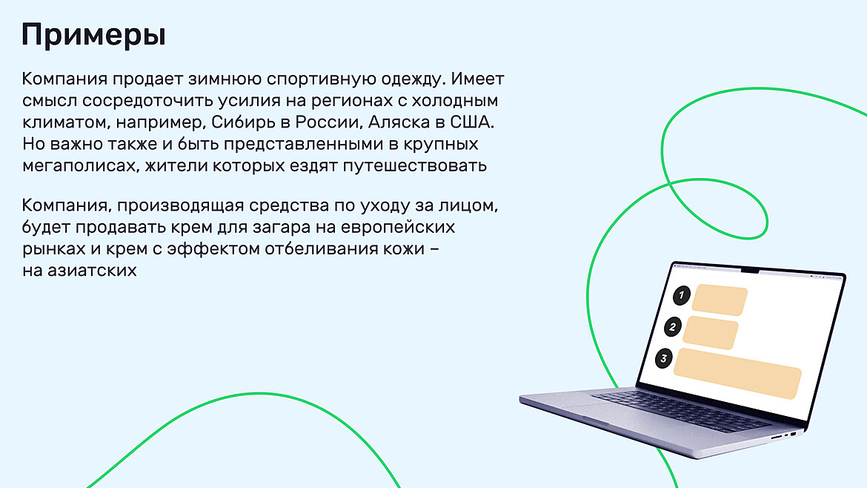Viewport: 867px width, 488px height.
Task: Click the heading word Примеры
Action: [93, 35]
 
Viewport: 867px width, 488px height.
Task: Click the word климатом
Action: [64, 121]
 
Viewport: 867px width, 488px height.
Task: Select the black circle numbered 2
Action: [673, 327]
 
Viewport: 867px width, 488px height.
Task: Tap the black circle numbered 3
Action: [664, 359]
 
